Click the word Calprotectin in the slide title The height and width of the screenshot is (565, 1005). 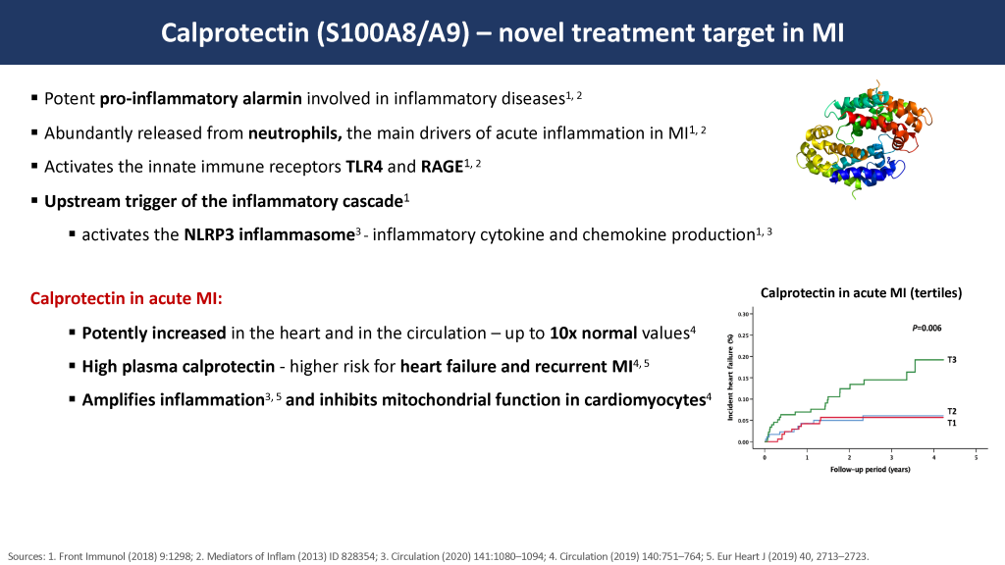pos(235,33)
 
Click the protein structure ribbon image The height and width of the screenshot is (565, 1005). pos(864,138)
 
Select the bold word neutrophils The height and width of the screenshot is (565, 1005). pos(294,133)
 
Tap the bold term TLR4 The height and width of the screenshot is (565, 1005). pos(364,167)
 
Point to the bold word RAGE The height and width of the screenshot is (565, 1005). pos(442,167)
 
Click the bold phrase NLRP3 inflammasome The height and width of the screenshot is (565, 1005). pos(269,235)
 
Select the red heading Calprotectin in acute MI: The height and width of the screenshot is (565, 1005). pos(127,298)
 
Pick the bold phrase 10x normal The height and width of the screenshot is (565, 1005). pos(593,334)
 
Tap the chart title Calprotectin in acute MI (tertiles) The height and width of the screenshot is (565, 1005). pos(861,292)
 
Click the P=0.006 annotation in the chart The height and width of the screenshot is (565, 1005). pos(926,328)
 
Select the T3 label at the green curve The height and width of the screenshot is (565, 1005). pos(952,360)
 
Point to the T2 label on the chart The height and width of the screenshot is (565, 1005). pos(952,411)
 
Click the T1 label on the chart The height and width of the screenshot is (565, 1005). pos(952,423)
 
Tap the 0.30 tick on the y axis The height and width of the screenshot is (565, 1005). pos(744,314)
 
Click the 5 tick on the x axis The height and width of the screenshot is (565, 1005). pos(977,457)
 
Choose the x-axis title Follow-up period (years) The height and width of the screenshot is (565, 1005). pos(870,470)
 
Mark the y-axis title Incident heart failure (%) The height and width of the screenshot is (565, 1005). pos(730,378)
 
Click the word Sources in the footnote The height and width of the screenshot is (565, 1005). pos(26,557)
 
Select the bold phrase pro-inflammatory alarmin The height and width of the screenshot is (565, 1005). pos(200,99)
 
